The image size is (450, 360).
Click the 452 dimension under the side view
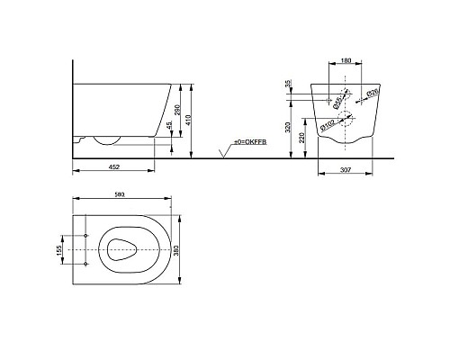coord(113,166)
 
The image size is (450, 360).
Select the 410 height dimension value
coord(188,121)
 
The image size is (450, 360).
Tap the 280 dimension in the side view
coord(177,111)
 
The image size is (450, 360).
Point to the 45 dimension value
coord(169,125)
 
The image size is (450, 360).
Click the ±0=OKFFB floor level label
coord(250,142)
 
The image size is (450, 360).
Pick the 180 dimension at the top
coord(346,60)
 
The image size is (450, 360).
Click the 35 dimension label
coord(289,84)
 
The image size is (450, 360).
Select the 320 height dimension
coord(288,128)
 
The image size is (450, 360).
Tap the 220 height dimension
coord(302,138)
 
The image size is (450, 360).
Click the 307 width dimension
coord(346,170)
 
